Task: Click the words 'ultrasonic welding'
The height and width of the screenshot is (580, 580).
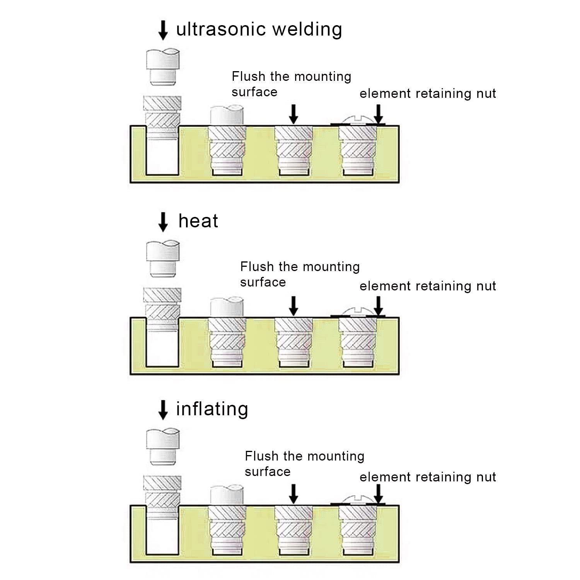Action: [259, 29]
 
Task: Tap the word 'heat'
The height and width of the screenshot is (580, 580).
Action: [198, 221]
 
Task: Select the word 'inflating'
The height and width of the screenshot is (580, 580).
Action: [212, 409]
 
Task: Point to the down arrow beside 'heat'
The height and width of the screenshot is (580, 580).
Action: [163, 222]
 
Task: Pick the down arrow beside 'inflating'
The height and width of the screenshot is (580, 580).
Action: [163, 410]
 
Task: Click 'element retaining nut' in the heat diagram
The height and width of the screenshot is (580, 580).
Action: [428, 286]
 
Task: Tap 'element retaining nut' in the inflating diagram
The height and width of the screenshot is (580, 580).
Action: [428, 477]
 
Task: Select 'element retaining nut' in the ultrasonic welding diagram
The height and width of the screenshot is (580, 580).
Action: [428, 94]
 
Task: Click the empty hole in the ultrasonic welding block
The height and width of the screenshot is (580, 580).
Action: [163, 157]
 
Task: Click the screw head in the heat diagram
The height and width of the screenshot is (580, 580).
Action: [358, 311]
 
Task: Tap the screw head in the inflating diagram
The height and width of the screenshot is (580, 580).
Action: [358, 499]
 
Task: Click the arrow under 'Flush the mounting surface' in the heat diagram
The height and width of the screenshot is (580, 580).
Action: [294, 306]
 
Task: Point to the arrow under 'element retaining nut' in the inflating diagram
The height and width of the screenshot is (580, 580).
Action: [379, 494]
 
